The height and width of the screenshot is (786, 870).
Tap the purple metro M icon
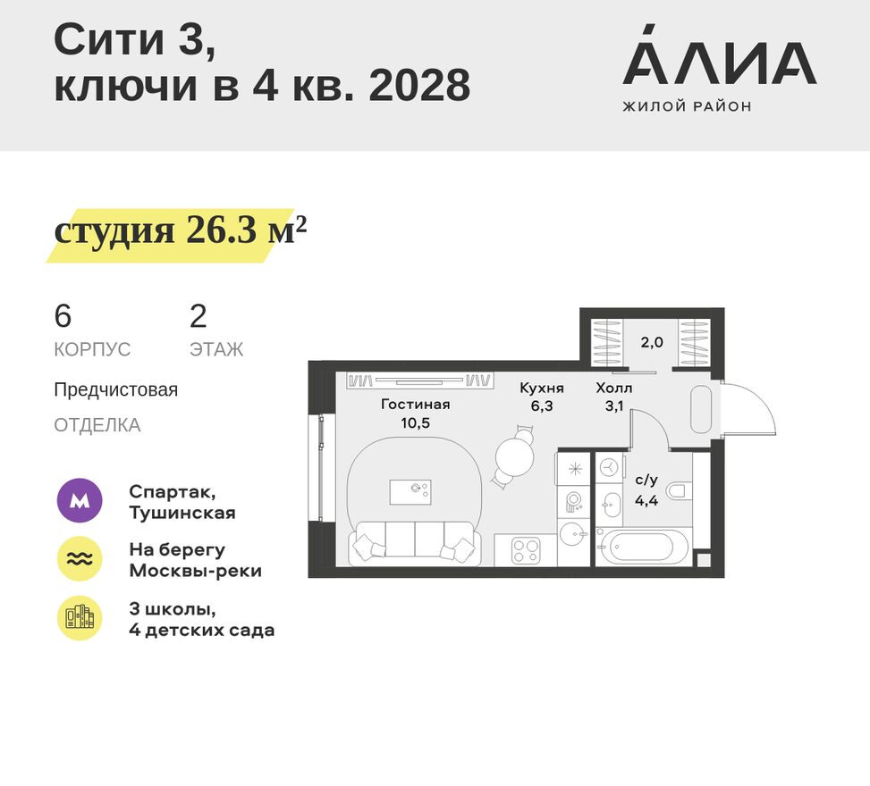[x=80, y=502]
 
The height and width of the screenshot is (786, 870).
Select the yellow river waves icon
[x=80, y=559]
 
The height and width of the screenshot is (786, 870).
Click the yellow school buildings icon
[x=80, y=618]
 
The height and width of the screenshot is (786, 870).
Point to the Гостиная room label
[x=415, y=405]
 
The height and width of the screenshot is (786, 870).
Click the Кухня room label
[x=542, y=389]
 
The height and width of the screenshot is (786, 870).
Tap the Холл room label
[x=614, y=389]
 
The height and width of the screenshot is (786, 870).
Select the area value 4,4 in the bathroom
[x=646, y=500]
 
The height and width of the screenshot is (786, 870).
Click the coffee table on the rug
[x=410, y=491]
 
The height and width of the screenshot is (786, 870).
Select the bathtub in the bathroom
[x=643, y=545]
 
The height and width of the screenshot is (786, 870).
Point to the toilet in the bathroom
[x=680, y=489]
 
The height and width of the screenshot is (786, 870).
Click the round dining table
[x=514, y=456]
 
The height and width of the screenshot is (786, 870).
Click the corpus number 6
[x=63, y=317]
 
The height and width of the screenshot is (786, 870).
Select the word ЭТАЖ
[x=215, y=349]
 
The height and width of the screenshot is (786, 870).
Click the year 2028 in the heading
[x=419, y=87]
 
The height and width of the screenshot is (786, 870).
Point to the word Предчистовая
[x=115, y=390]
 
